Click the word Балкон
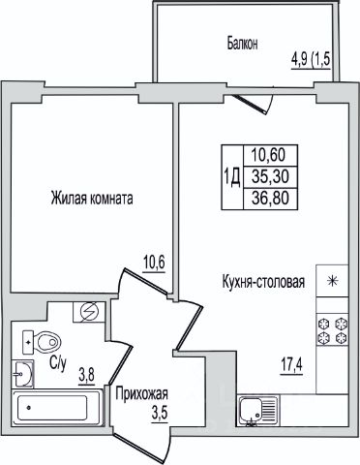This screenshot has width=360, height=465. tap(242, 44)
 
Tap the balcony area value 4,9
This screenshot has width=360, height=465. tap(299, 60)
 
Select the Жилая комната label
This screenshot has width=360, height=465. tap(92, 198)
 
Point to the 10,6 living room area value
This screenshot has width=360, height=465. tap(154, 263)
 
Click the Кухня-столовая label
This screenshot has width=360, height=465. tap(263, 282)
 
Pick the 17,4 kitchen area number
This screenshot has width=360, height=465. tap(291, 366)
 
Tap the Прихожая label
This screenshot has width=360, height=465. tap(142, 394)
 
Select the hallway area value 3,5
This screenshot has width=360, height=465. tap(160, 413)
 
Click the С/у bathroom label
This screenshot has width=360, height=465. tap(58, 363)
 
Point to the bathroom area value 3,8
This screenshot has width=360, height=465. tap(86, 376)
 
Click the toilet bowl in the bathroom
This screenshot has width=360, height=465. tap(42, 342)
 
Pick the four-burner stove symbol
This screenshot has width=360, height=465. tap(333, 330)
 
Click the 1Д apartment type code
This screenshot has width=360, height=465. tap(231, 176)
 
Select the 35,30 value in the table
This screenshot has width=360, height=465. tap(270, 176)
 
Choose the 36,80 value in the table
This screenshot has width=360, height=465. tap(270, 198)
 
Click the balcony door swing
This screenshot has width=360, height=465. tap(255, 102)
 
